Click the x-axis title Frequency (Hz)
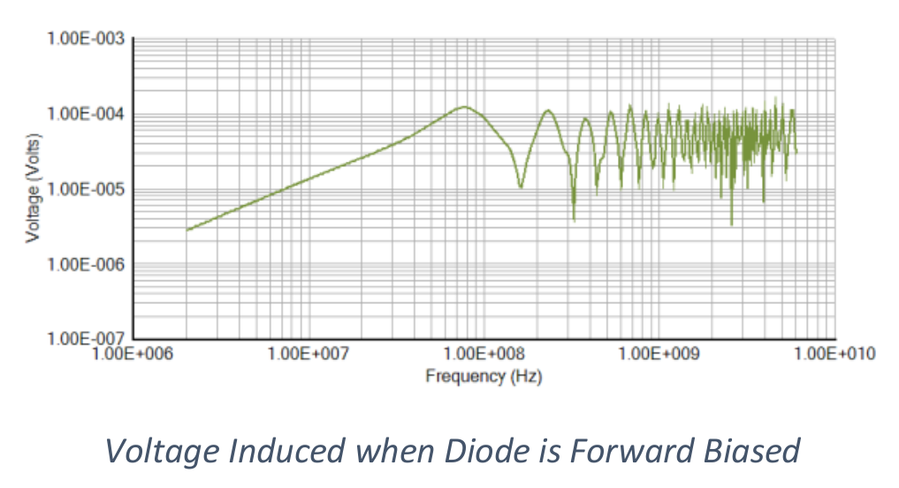[x=484, y=377]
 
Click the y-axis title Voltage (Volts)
[x=33, y=189]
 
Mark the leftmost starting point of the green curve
[x=187, y=230]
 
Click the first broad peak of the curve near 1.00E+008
[x=465, y=107]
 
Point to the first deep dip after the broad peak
[x=521, y=187]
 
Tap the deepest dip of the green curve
[x=731, y=225]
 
